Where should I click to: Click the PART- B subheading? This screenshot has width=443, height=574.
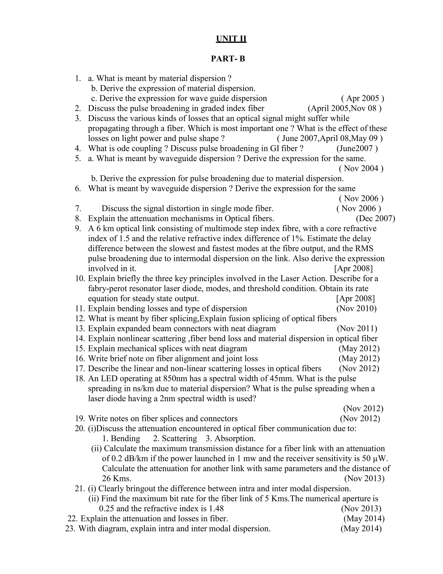point(228,59)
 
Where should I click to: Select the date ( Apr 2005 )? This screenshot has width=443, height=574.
point(363,98)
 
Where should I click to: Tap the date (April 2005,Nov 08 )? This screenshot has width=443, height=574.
point(344,108)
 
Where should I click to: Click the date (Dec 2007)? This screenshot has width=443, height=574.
point(375,218)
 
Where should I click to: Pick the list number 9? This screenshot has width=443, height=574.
point(78,228)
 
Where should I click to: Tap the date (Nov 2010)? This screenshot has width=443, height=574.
point(356,308)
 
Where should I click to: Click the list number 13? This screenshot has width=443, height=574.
point(80,329)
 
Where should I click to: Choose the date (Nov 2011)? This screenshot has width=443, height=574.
point(357,329)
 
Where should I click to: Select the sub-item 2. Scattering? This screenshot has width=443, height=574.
point(175,438)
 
